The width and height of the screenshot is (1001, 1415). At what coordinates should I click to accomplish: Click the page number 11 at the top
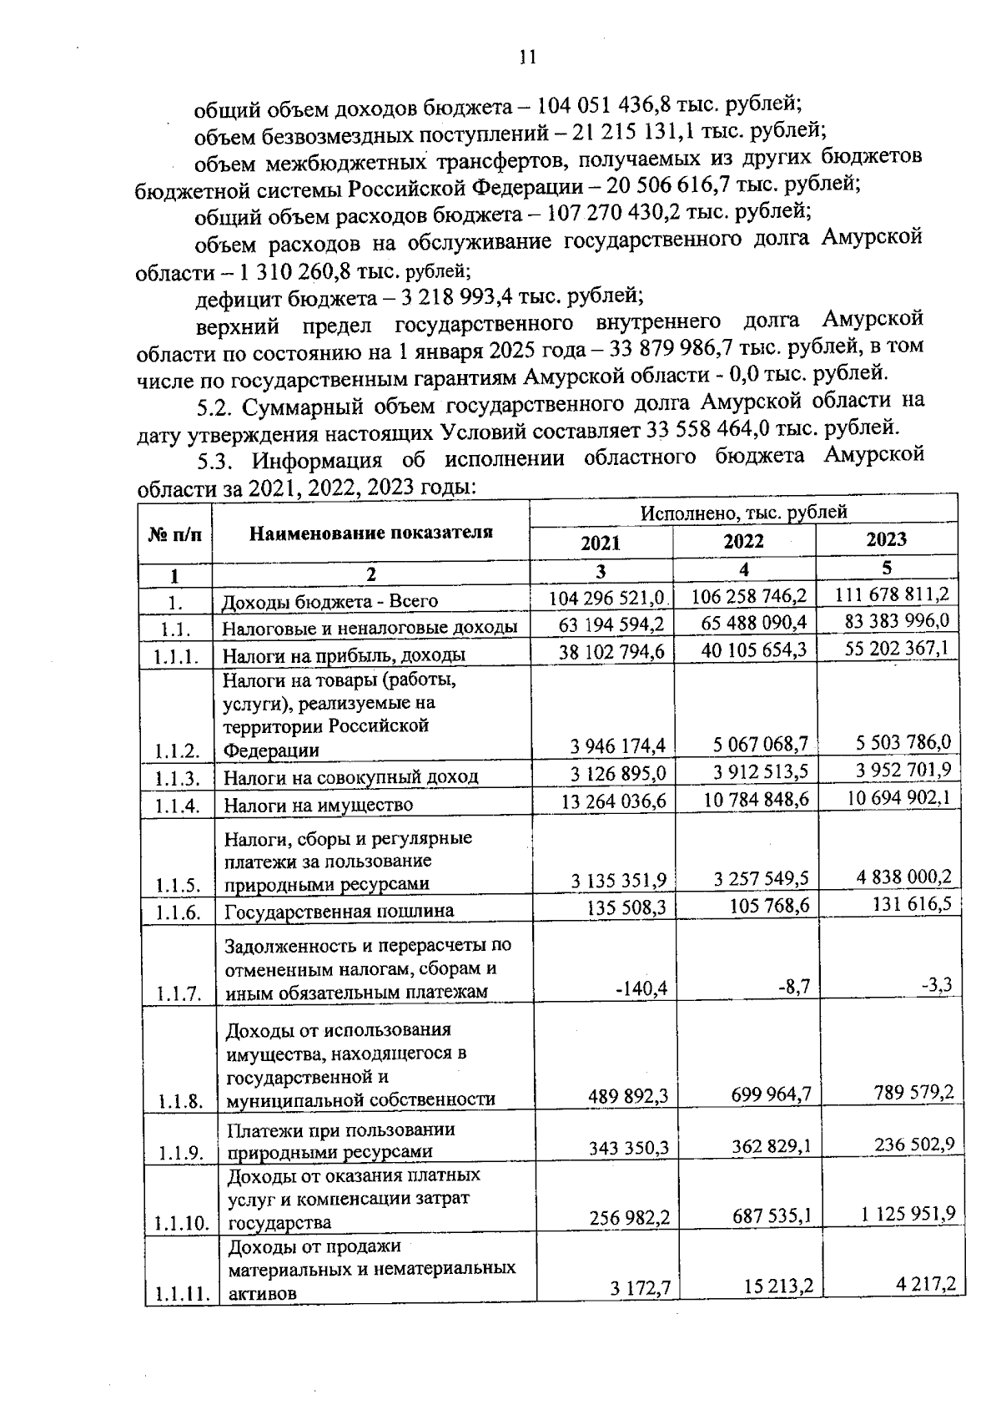(x=526, y=57)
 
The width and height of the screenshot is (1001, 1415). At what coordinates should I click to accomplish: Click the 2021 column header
(x=601, y=543)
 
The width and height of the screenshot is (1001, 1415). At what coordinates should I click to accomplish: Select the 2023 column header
(x=886, y=539)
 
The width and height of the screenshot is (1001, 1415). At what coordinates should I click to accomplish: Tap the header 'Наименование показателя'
(x=371, y=533)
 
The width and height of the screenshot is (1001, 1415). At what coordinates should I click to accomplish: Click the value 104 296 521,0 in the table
(x=606, y=599)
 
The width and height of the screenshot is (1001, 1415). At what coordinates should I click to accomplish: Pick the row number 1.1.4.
(x=177, y=806)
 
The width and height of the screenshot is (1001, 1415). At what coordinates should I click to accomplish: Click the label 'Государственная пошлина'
(x=339, y=911)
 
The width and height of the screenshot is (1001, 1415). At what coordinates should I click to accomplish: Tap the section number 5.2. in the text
(x=215, y=407)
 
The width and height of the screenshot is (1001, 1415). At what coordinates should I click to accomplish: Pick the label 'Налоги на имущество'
(x=318, y=806)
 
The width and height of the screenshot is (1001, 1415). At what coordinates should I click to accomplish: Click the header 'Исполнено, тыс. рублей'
(x=743, y=512)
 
